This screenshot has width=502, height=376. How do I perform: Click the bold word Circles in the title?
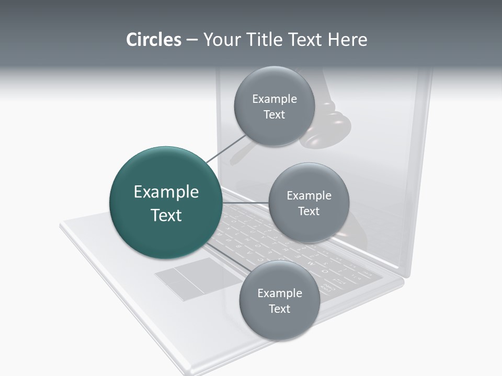[x=153, y=40]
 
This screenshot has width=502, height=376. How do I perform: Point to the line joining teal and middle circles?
[x=245, y=203]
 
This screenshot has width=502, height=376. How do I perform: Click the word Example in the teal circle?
[x=166, y=192]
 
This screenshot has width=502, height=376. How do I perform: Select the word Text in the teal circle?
[x=166, y=215]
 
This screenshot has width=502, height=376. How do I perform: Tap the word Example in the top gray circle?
[x=275, y=99]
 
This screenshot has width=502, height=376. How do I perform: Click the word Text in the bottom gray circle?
[x=279, y=309]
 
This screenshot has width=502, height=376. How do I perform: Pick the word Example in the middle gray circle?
[x=309, y=196]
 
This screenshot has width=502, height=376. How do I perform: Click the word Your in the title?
[x=220, y=40]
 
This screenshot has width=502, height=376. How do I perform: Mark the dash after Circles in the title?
[x=191, y=40]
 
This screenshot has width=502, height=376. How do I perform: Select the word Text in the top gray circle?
[x=274, y=115]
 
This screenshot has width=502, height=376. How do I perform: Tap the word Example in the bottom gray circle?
[x=280, y=293]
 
